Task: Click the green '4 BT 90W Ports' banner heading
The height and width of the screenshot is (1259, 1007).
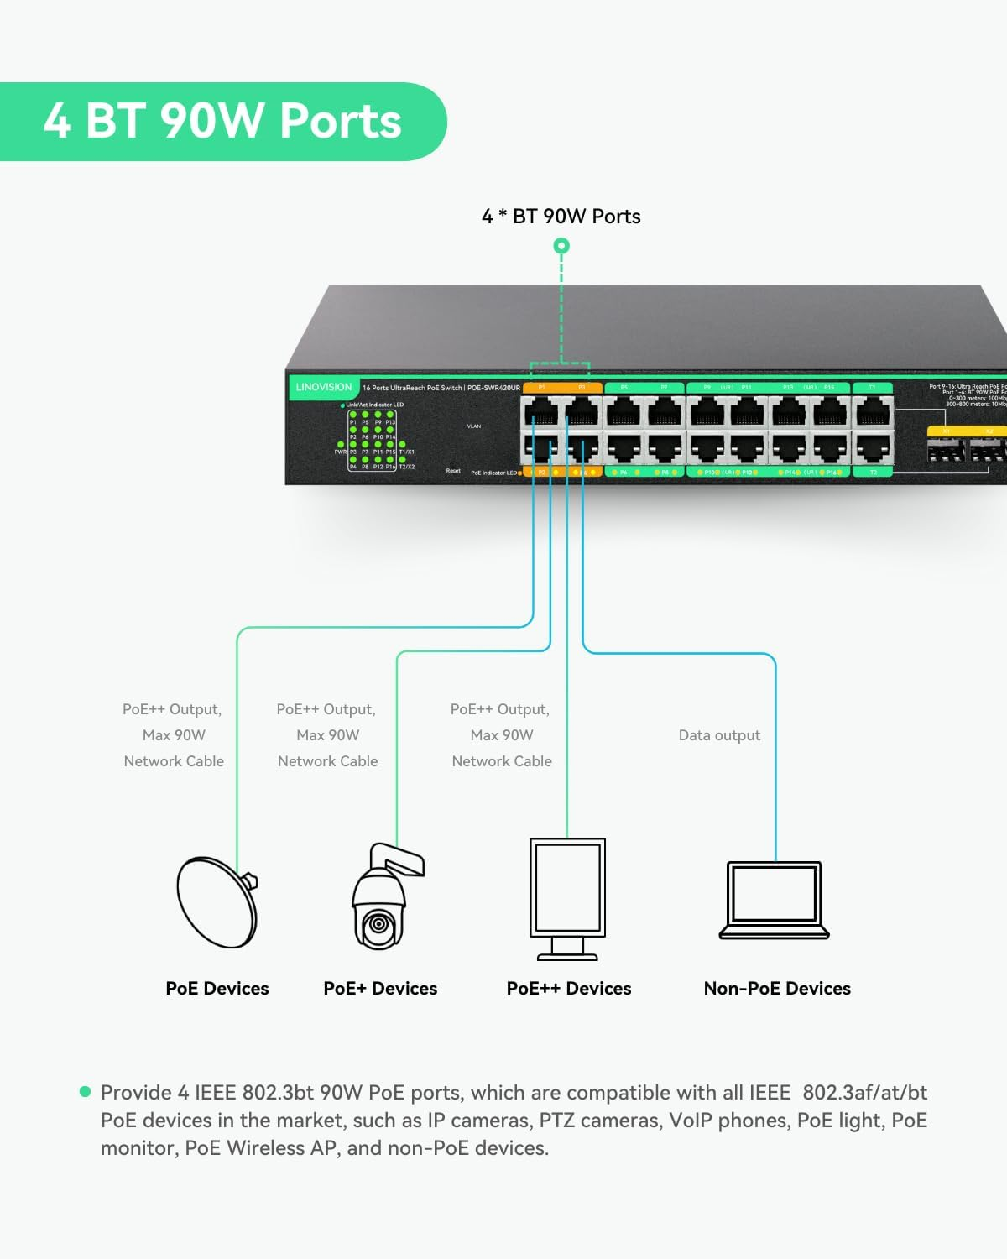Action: [x=222, y=121]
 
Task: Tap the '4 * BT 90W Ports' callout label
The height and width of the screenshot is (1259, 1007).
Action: [x=561, y=217]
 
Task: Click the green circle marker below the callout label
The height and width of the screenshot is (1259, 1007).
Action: [x=561, y=246]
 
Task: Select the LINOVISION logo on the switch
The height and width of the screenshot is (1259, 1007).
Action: [x=324, y=388]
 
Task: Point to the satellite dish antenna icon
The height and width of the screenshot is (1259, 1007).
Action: [x=217, y=902]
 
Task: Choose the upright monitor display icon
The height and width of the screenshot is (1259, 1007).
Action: [x=567, y=898]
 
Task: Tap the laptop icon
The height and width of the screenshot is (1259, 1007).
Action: [x=774, y=901]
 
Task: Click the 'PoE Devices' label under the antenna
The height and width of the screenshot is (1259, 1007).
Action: [x=217, y=989]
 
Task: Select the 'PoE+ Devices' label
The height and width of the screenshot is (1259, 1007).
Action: [x=380, y=989]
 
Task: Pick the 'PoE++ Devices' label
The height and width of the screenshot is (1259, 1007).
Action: [x=568, y=989]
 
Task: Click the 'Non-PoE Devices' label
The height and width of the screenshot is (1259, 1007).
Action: [x=777, y=989]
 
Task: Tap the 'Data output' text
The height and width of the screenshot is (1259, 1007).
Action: [x=719, y=735]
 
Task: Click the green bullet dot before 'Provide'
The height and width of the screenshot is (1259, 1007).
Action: [x=85, y=1092]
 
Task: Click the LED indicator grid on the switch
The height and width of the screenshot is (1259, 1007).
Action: [x=373, y=440]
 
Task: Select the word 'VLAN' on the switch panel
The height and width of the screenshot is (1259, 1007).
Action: [x=474, y=426]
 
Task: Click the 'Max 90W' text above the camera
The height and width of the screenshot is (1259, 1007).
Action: [x=327, y=735]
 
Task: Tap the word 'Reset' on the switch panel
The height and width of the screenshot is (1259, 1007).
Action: [x=453, y=471]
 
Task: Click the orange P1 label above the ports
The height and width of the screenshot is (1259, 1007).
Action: [x=542, y=388]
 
